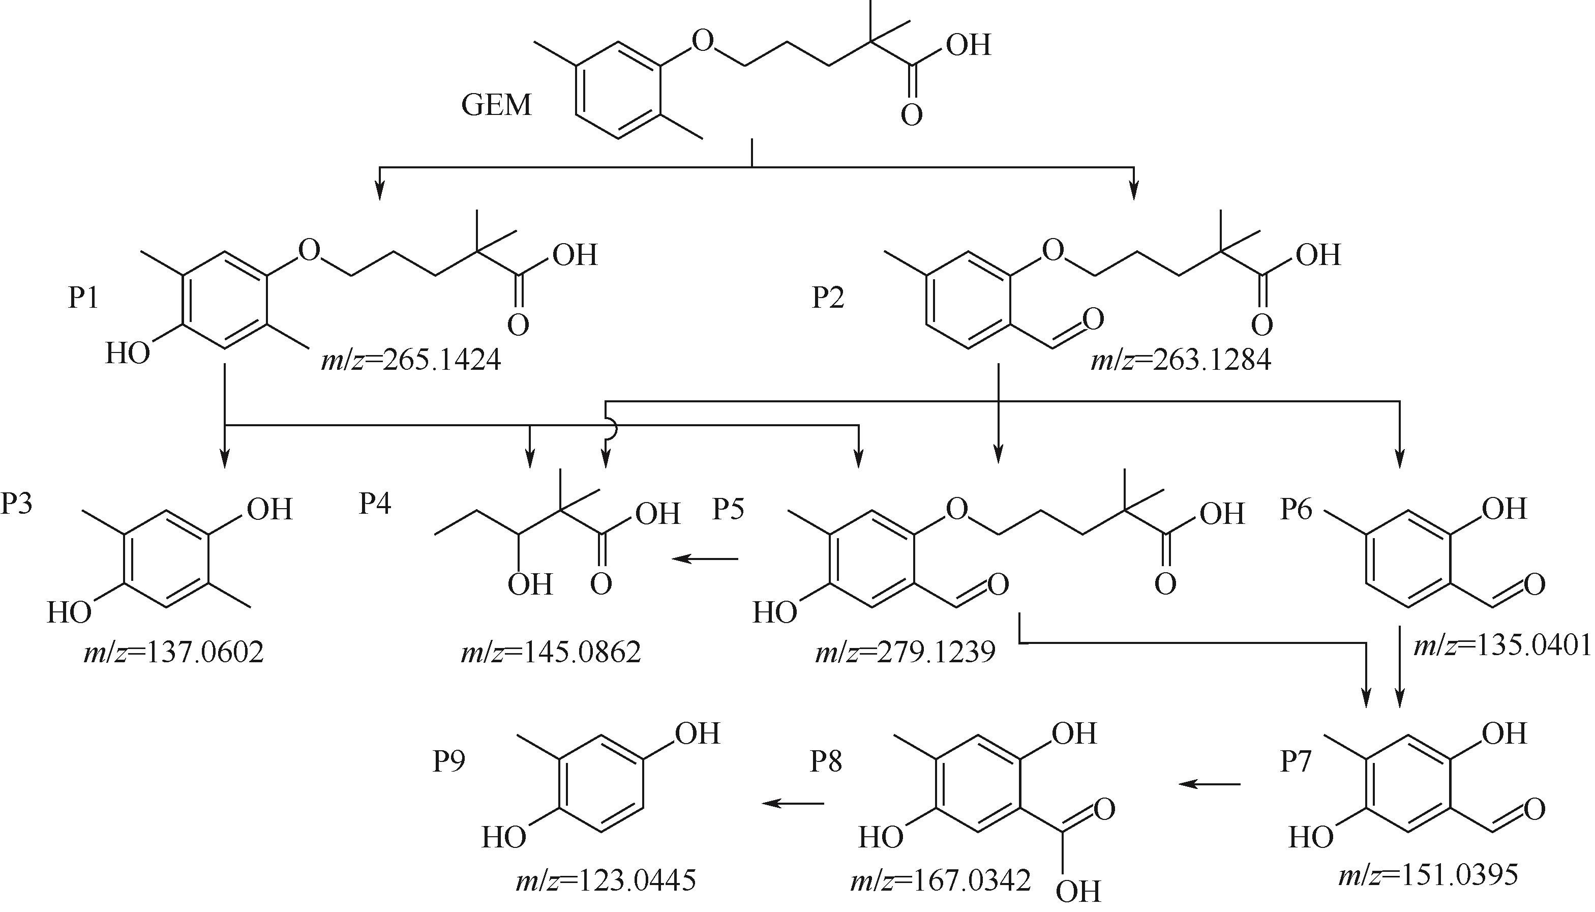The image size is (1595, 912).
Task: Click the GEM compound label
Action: (x=496, y=105)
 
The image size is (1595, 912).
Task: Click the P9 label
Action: (x=449, y=761)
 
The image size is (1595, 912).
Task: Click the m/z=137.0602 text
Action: (x=173, y=653)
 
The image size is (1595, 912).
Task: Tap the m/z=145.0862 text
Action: (x=551, y=653)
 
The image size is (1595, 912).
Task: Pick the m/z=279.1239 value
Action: (x=905, y=653)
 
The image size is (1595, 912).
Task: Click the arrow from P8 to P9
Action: (x=793, y=803)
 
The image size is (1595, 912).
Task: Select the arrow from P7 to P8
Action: (x=1210, y=784)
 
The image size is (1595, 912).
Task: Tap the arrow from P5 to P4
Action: (x=705, y=558)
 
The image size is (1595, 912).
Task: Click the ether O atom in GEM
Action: (x=703, y=41)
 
